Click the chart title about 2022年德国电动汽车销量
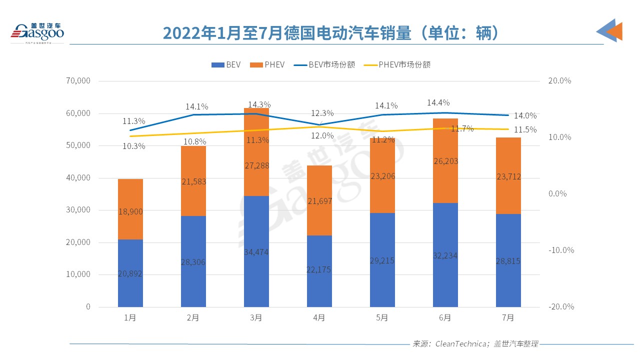(x=330, y=33)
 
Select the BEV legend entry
(x=226, y=64)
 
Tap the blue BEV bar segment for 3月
(x=256, y=251)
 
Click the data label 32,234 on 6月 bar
(x=445, y=255)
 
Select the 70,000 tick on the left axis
(x=77, y=81)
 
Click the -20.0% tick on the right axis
(x=560, y=306)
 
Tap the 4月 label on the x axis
(x=319, y=317)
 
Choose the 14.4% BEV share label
(x=438, y=102)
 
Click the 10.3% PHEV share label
(x=133, y=146)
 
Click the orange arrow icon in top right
(x=614, y=31)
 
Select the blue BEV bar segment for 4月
(x=319, y=271)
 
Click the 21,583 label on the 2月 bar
(x=193, y=181)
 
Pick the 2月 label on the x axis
(x=193, y=317)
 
